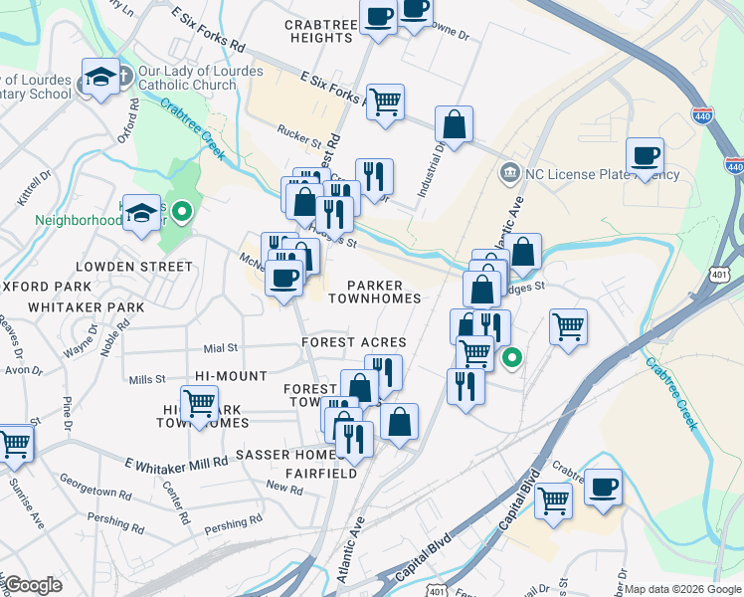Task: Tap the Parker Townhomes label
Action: (x=383, y=292)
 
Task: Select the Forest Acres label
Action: (x=354, y=342)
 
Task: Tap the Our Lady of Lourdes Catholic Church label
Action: (x=187, y=79)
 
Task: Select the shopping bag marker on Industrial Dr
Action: (x=454, y=125)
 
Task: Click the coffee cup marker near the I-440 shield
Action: (x=645, y=155)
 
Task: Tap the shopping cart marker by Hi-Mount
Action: (x=200, y=403)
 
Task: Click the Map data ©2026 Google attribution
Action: (x=681, y=589)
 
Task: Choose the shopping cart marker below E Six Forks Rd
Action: (x=385, y=101)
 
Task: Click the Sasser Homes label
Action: (x=276, y=454)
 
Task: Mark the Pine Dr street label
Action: (x=69, y=410)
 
